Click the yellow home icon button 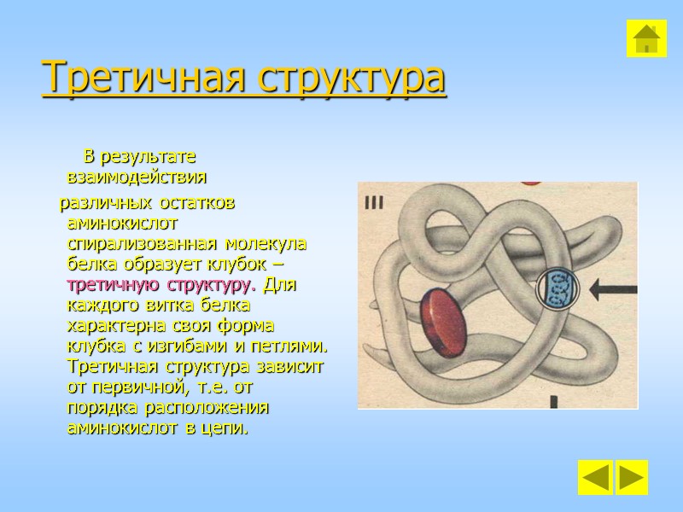click(x=646, y=38)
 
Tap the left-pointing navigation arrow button click(x=594, y=477)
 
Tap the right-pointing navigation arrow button click(x=632, y=477)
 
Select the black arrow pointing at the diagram click(x=613, y=289)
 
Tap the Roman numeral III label click(x=374, y=203)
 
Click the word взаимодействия click(x=137, y=178)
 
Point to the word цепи click(x=227, y=428)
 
